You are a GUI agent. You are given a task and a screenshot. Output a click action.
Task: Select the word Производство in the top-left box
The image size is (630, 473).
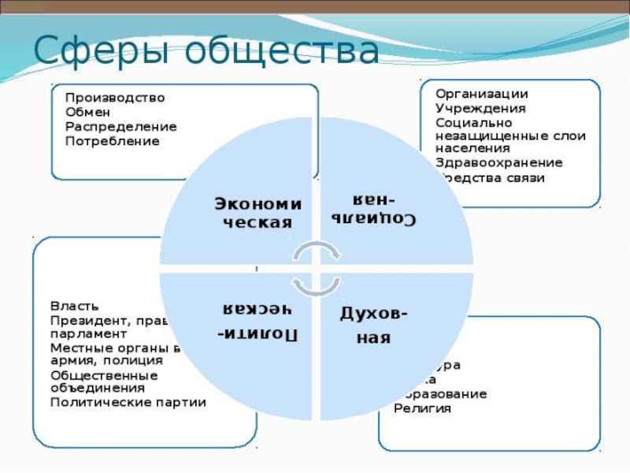(115, 98)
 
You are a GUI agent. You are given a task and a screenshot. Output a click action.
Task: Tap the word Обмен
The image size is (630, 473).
(86, 112)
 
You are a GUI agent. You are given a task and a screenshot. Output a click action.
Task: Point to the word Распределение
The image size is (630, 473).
(120, 126)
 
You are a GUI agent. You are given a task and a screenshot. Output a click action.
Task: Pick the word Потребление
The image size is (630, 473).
(112, 141)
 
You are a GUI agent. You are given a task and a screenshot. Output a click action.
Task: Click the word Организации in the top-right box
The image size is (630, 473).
(481, 94)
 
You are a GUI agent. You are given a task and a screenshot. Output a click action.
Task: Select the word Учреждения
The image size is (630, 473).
(480, 108)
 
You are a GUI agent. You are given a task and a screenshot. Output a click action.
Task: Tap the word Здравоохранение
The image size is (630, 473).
(498, 163)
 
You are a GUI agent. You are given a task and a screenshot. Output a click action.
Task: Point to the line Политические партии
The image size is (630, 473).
(128, 402)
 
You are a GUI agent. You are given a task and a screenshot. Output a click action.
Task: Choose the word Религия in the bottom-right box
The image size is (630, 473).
(422, 408)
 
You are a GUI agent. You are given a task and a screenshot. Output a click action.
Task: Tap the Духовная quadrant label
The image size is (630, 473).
(374, 326)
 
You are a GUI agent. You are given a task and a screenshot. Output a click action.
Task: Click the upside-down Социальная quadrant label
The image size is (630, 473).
(373, 208)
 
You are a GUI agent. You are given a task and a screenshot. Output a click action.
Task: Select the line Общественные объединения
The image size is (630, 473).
(104, 381)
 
